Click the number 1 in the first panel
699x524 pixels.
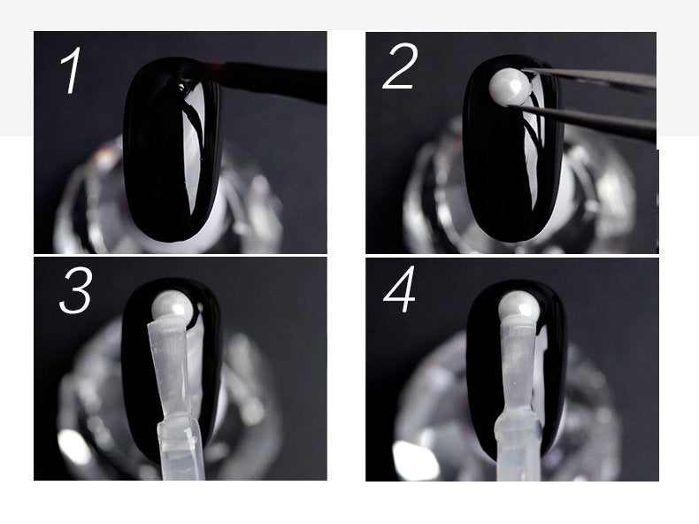coord(73,70)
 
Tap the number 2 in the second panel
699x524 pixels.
coord(400,66)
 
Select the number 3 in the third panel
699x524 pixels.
coord(76,290)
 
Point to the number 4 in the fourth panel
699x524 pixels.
coord(399,289)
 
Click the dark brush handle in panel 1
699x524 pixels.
coord(274,81)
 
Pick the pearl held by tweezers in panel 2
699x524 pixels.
coord(510,87)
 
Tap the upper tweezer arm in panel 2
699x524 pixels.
coord(588,79)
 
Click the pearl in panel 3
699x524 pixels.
coord(172,307)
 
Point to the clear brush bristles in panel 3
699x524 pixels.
coord(172,366)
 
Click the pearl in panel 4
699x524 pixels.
coord(518,306)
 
